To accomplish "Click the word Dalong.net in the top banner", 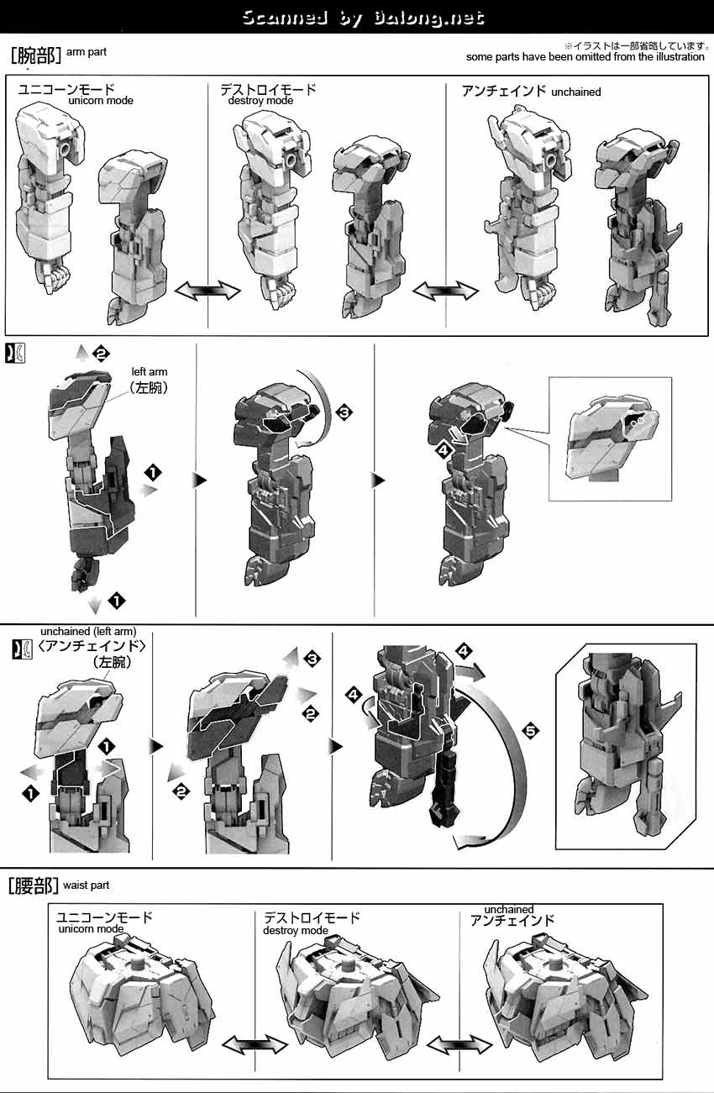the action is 429,18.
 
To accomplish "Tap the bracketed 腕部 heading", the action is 35,55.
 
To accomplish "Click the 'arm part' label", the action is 87,52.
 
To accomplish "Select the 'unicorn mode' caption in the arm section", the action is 101,101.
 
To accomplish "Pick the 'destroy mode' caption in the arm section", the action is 260,101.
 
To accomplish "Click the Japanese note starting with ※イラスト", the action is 637,46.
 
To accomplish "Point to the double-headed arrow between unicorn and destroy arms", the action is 207,291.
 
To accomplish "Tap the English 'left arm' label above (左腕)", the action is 150,372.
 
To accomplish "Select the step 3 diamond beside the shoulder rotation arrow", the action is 344,413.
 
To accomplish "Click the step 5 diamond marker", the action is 531,730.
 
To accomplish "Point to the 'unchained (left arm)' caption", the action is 88,631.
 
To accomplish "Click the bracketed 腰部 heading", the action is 34,885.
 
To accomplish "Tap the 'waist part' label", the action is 87,885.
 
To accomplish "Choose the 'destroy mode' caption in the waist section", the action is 296,930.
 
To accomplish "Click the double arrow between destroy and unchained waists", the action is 459,1045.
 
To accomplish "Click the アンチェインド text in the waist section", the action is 512,920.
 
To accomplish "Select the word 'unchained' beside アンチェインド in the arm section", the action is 576,92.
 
